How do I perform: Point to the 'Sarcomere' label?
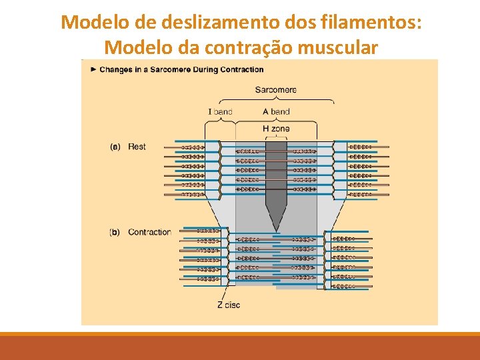(x=275, y=90)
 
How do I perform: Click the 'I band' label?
(x=220, y=111)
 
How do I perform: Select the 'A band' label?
(x=276, y=111)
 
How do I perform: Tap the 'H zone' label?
(x=276, y=129)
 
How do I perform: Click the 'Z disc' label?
(x=228, y=305)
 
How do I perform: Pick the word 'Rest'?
(x=137, y=147)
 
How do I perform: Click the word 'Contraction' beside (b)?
(x=149, y=233)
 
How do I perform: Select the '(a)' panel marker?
(x=114, y=147)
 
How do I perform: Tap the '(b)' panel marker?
(x=114, y=233)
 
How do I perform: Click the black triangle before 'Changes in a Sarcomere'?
(x=94, y=69)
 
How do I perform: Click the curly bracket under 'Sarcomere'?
(x=276, y=101)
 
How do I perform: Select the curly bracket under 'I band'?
(x=220, y=121)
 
